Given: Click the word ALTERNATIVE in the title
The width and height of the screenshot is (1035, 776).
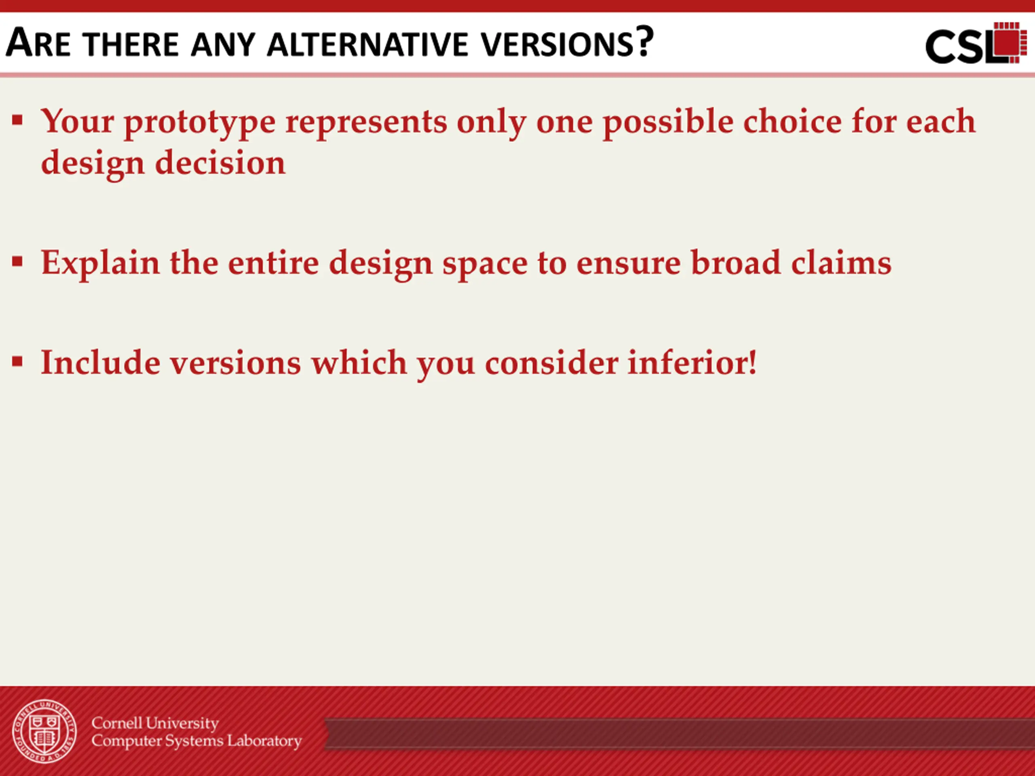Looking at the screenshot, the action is [367, 45].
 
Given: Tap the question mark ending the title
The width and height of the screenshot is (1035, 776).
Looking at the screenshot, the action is [644, 42].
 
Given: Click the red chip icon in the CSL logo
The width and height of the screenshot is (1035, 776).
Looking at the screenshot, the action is [1006, 42].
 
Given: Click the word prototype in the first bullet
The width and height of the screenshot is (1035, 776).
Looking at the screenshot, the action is [200, 123].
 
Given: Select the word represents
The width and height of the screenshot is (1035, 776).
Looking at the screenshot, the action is [366, 123].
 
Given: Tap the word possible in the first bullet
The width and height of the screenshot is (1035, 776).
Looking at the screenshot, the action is [668, 122].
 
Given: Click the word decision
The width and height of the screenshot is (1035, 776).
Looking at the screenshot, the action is [220, 162].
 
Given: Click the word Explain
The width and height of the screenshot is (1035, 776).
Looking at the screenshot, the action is [100, 264].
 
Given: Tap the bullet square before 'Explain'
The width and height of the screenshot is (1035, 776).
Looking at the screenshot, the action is [18, 261].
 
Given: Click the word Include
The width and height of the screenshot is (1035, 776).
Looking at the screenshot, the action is [100, 363].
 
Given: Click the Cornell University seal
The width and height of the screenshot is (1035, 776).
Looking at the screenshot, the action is [44, 732].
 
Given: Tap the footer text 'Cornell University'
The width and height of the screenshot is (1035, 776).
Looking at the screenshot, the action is [155, 723].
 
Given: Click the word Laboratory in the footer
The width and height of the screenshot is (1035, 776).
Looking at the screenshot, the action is [264, 741].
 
